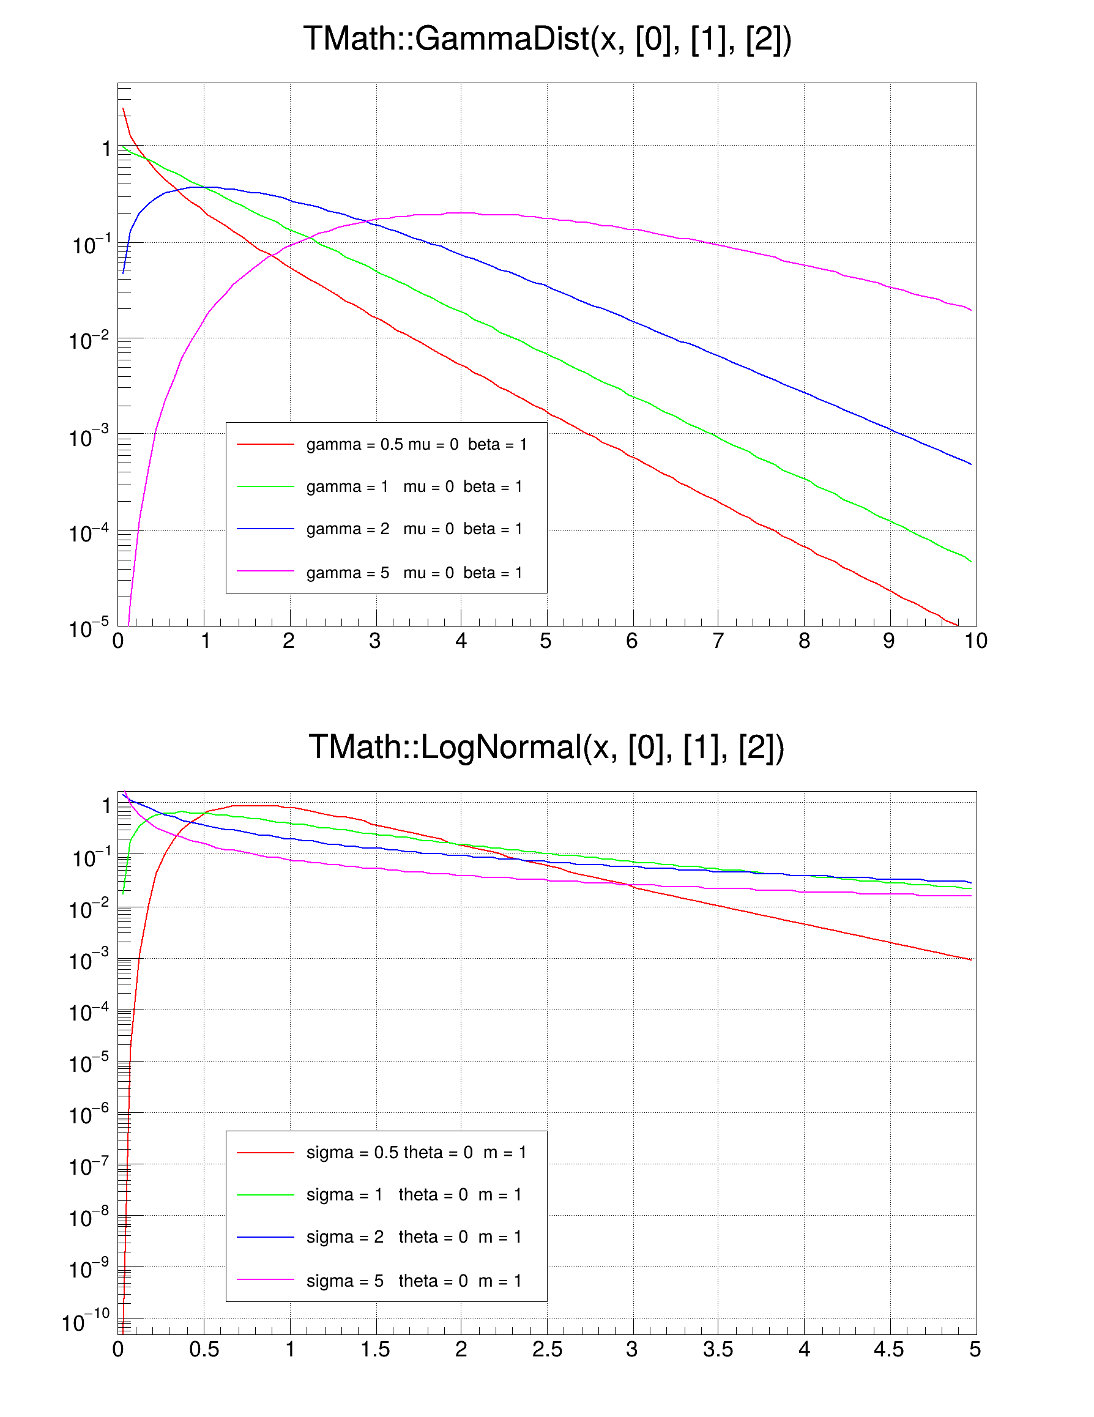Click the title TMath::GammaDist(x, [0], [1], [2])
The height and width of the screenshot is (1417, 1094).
547,39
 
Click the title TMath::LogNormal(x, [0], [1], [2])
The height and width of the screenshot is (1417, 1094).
547,747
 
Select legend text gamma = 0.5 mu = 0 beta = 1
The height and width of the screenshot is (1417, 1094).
416,444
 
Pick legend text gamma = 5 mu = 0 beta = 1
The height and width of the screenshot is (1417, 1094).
414,573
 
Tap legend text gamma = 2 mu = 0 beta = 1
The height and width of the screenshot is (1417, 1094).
414,529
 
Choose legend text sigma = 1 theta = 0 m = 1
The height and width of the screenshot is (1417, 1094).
414,1194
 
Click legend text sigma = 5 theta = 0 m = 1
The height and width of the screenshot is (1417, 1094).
414,1281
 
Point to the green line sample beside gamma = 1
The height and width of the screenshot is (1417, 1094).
266,486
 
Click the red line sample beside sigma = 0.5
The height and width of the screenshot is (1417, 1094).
266,1152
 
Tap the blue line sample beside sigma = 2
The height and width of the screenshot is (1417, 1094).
266,1237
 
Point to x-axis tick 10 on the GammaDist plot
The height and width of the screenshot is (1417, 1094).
975,641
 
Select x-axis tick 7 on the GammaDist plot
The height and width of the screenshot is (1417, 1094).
718,641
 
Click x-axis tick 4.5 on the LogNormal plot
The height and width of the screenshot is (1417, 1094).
889,1350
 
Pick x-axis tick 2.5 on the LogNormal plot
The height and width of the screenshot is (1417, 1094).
547,1350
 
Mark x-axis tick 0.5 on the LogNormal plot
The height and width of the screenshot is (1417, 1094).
204,1350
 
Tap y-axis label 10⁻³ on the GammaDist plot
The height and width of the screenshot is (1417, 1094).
89,437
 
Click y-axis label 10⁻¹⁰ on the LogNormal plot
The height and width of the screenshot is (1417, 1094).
86,1322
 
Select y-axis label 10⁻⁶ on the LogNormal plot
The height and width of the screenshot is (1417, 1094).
89,1115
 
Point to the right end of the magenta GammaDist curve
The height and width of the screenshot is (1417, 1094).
971,310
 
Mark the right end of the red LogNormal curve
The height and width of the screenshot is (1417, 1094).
971,959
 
